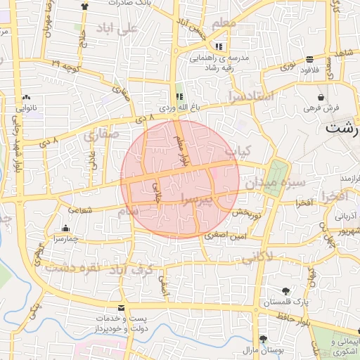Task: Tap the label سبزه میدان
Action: pos(275,184)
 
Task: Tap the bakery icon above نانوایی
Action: pos(27,98)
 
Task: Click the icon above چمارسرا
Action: pos(65,229)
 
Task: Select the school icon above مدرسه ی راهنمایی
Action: pos(219,47)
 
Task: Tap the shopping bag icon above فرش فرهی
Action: pos(321,97)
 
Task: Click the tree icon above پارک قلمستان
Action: pos(285,291)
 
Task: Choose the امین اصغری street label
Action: pos(224,238)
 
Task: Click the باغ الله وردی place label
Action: pos(179,108)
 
